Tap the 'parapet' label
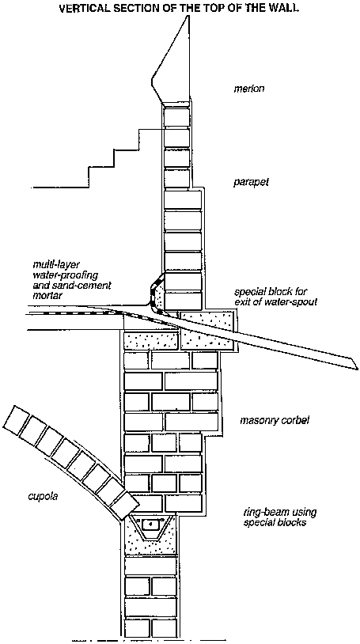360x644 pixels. (251, 181)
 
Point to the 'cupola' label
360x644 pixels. (43, 496)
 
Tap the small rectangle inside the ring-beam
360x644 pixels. (150, 525)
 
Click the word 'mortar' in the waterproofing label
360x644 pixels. (46, 296)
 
